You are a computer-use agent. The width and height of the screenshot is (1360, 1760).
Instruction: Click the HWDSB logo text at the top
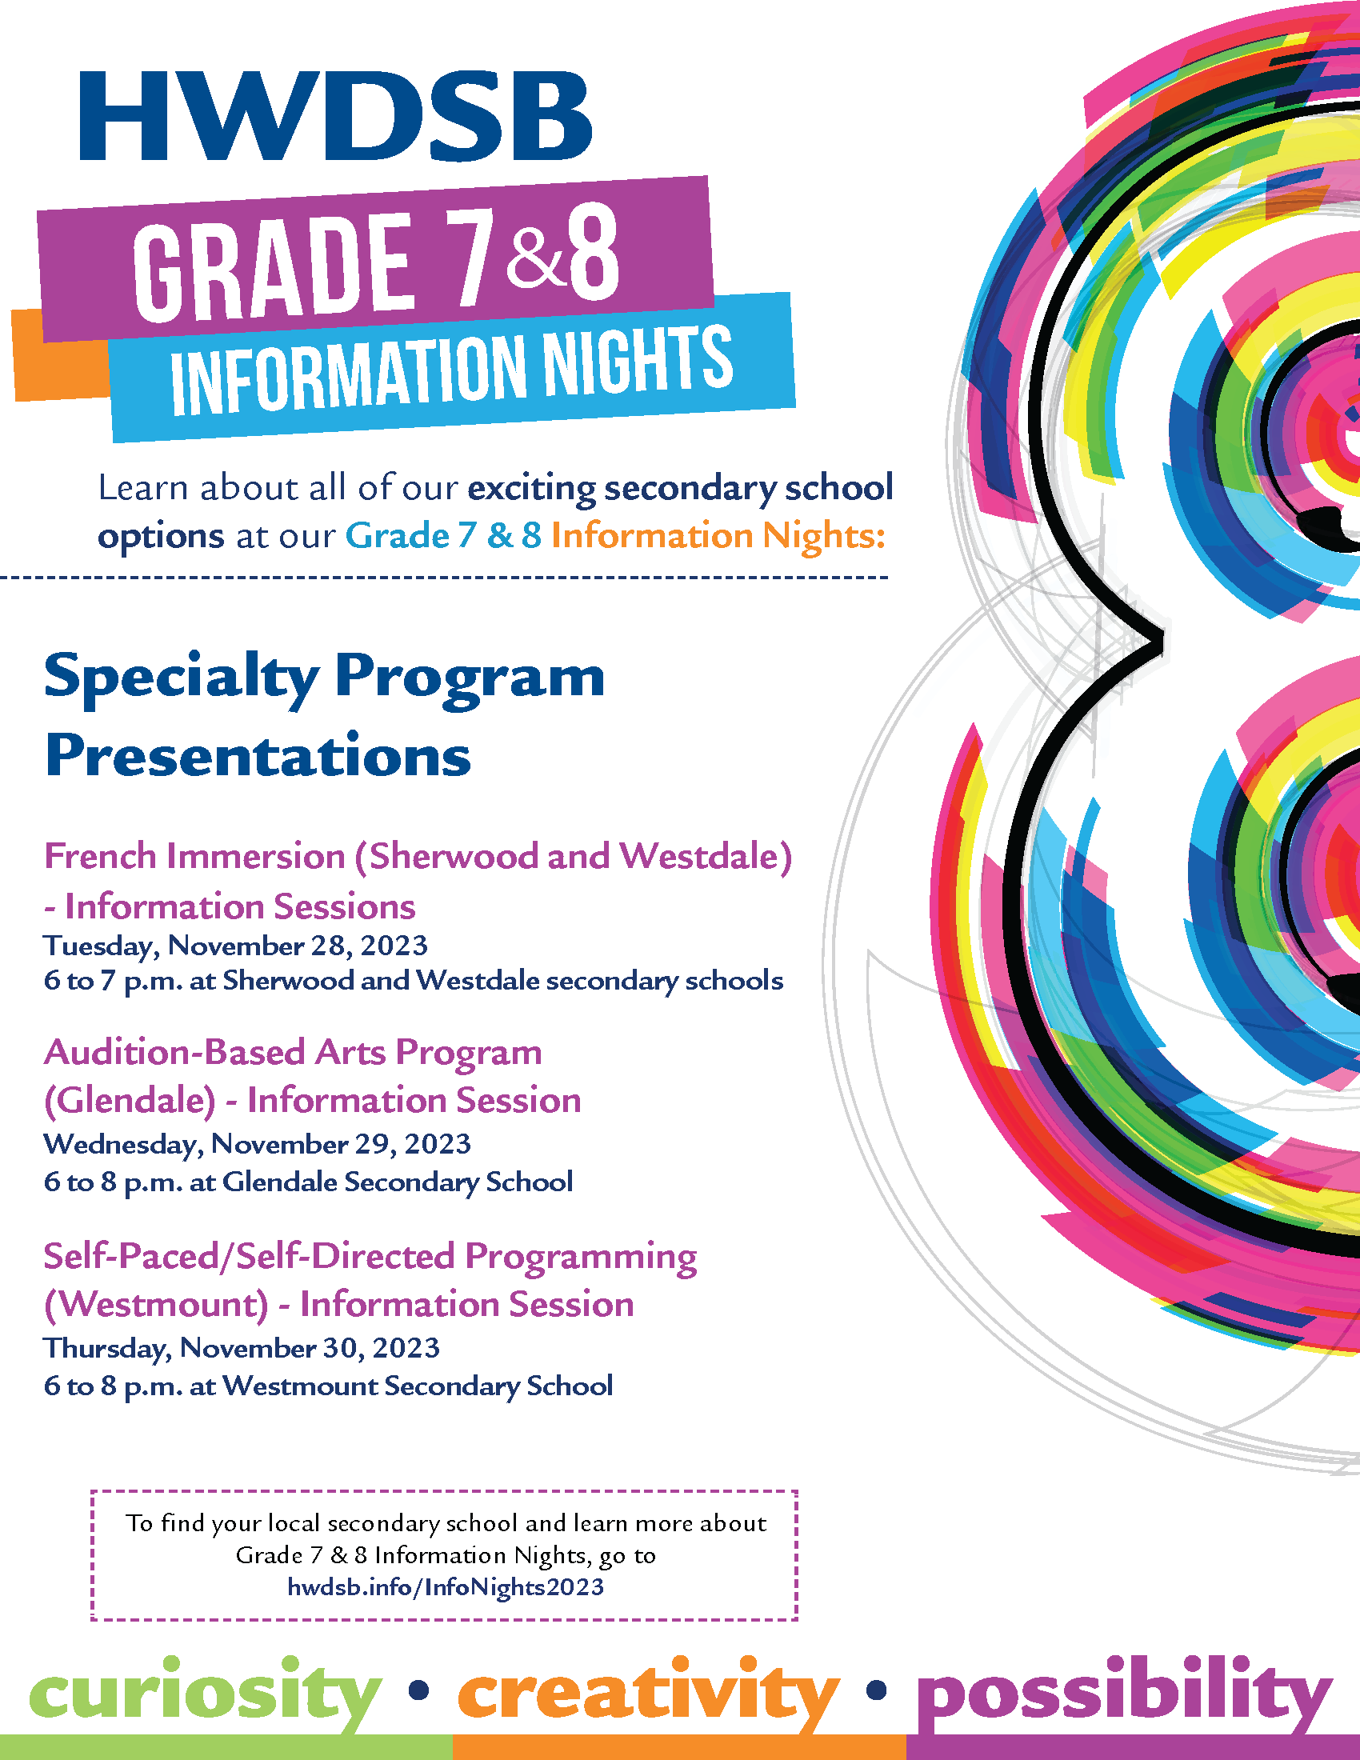click(x=335, y=117)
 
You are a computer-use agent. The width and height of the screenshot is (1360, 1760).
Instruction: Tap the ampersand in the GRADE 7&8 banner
click(x=537, y=258)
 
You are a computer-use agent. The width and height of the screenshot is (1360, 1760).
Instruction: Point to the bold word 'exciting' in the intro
click(x=532, y=489)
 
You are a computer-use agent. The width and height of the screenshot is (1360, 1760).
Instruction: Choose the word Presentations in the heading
click(x=258, y=756)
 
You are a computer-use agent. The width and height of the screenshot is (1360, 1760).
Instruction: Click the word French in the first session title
click(x=100, y=856)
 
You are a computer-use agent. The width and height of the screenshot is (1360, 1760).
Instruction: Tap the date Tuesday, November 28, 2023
click(x=235, y=946)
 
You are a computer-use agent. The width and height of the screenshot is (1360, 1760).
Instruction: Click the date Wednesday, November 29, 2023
click(x=257, y=1144)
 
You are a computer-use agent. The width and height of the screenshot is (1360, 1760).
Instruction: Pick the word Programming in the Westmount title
click(x=581, y=1257)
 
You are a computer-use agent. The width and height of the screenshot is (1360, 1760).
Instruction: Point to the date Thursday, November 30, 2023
click(x=242, y=1348)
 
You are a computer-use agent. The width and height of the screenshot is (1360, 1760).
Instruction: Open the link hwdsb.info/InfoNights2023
click(x=446, y=1586)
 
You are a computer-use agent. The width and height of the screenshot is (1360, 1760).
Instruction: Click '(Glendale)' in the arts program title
click(x=130, y=1101)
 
